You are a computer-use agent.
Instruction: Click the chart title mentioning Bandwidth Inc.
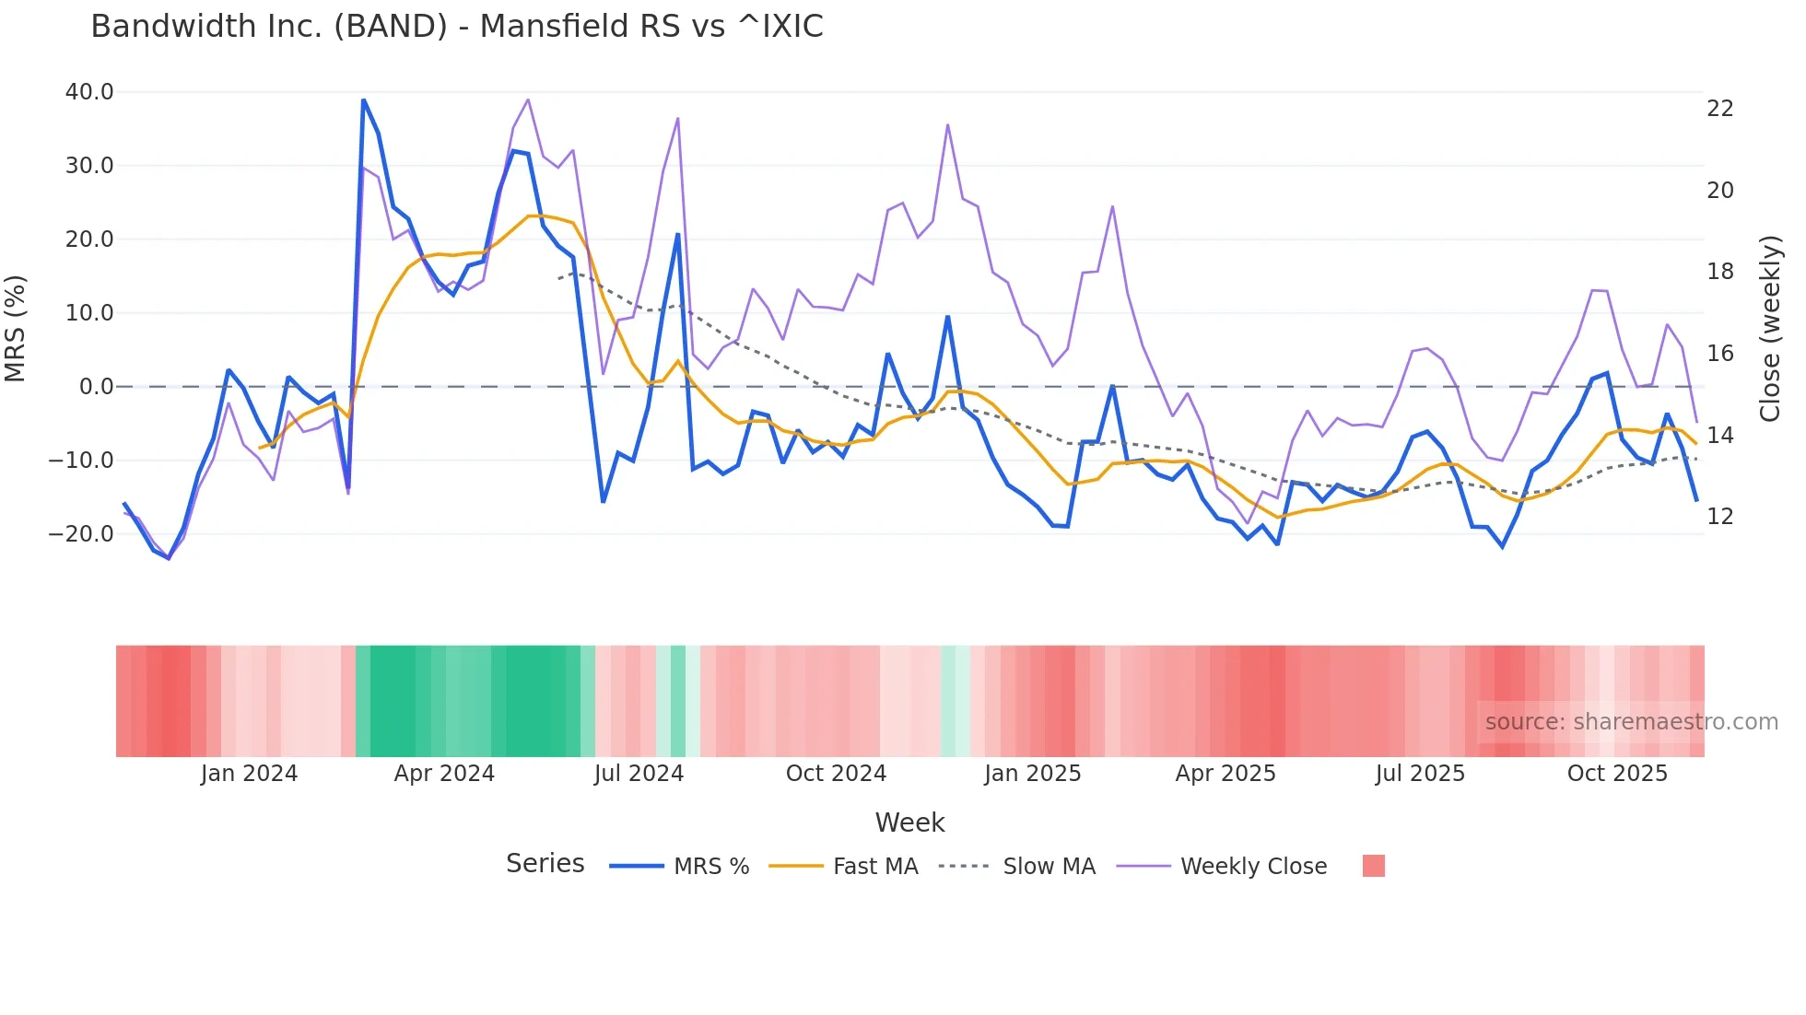[457, 27]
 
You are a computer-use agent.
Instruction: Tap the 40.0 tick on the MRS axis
[89, 92]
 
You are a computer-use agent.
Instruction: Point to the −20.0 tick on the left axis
[81, 534]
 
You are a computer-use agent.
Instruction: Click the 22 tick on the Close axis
[1719, 109]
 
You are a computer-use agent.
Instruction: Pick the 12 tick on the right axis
[1719, 517]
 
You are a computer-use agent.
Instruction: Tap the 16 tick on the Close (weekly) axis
[1719, 354]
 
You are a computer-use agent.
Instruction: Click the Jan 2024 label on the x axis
[249, 774]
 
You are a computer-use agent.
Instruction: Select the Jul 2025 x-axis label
[1420, 774]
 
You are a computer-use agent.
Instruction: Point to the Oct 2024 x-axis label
[836, 774]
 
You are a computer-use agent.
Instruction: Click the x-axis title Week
[909, 822]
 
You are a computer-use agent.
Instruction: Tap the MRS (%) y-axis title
[16, 329]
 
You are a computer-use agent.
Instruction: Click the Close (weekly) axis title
[1769, 329]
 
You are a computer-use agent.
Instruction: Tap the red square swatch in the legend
[1373, 866]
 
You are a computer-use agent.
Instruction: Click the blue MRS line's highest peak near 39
[364, 100]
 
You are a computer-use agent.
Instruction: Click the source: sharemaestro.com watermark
[1631, 722]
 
